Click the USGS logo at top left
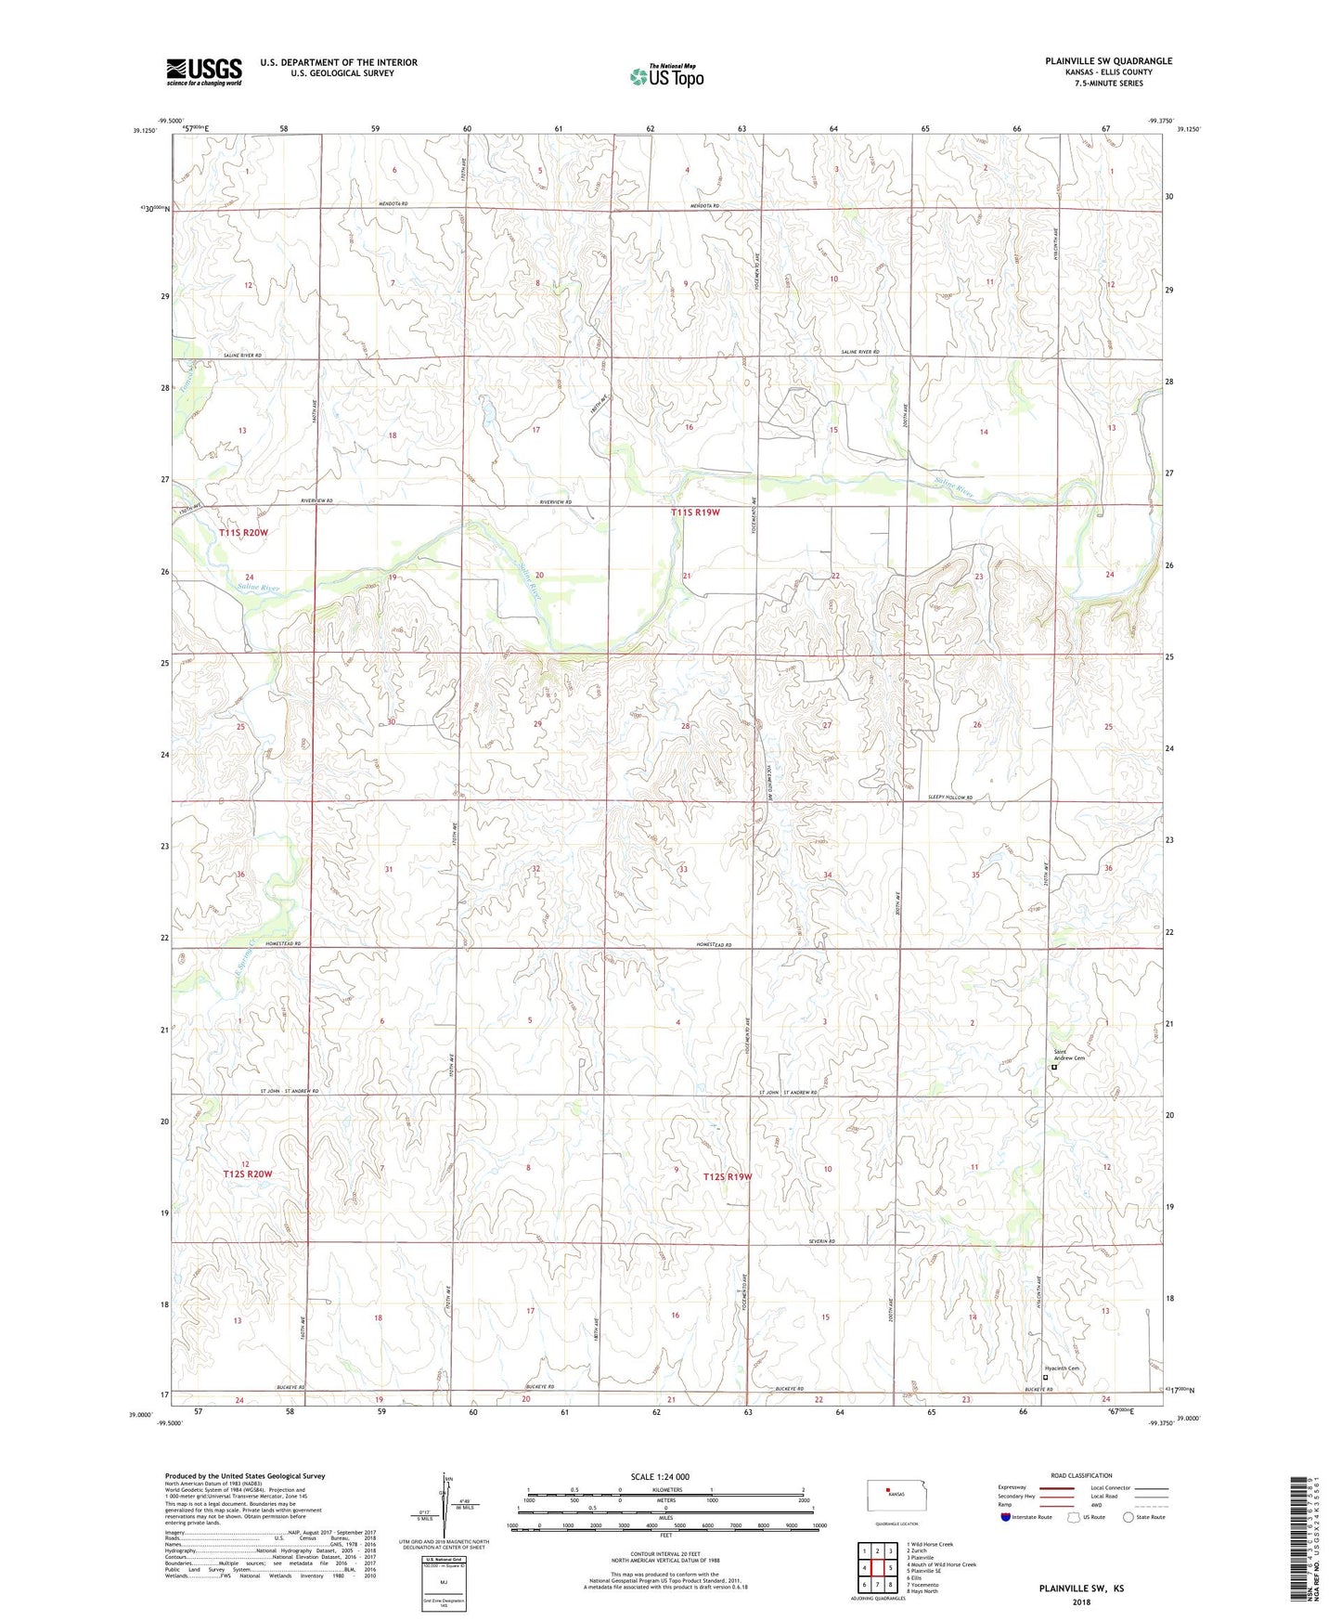point(204,71)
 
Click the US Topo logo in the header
point(666,76)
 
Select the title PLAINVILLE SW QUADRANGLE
point(1108,61)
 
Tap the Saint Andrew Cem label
point(1068,1055)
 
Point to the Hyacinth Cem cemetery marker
point(1046,1378)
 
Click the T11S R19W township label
point(696,512)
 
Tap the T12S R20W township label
point(248,1174)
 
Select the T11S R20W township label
point(244,533)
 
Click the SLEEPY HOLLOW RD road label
point(950,798)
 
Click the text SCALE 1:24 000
point(660,1477)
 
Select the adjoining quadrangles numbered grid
point(877,1568)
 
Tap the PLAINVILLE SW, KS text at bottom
point(1080,1589)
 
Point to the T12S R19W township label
point(727,1176)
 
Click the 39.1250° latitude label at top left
point(145,131)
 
